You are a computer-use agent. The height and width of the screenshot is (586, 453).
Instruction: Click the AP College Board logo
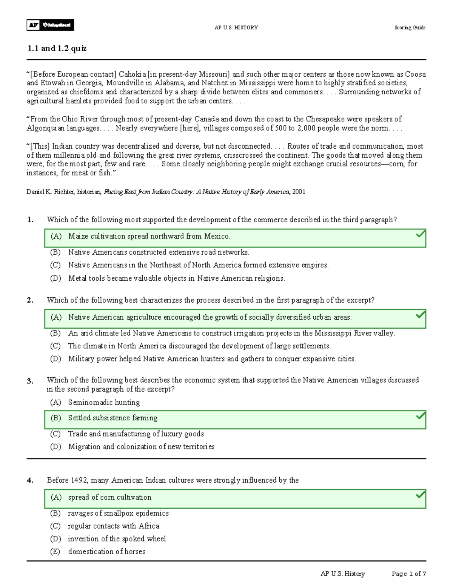coord(50,25)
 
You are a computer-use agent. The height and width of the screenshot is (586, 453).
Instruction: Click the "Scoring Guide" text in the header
coord(410,28)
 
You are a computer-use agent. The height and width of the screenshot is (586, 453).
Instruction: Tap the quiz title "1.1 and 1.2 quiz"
coord(57,48)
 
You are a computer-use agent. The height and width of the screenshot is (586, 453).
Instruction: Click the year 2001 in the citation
coord(299,192)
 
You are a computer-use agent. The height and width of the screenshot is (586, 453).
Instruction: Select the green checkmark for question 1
coord(420,235)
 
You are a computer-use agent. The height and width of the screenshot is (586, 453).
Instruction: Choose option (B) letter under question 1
coord(55,252)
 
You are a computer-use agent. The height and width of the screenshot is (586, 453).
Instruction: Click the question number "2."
coord(30,300)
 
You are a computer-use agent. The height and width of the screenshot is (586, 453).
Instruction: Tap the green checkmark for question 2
coord(420,315)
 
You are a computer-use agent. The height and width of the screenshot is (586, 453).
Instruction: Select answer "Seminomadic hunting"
coord(104,403)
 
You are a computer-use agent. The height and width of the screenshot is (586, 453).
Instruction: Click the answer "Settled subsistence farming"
coord(112,418)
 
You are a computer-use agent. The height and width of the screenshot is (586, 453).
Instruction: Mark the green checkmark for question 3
coord(420,416)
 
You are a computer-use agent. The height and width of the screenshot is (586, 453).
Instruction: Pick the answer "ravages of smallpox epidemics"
coord(118,513)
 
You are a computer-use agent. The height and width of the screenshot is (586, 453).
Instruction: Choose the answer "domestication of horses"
coord(106,552)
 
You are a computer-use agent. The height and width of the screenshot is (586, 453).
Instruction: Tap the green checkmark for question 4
coord(420,495)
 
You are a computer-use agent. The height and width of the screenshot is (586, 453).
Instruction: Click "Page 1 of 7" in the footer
coord(409,574)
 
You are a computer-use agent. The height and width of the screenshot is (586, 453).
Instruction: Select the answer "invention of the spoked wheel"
coord(117,539)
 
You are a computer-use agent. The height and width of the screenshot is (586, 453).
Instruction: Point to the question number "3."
coord(30,381)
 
